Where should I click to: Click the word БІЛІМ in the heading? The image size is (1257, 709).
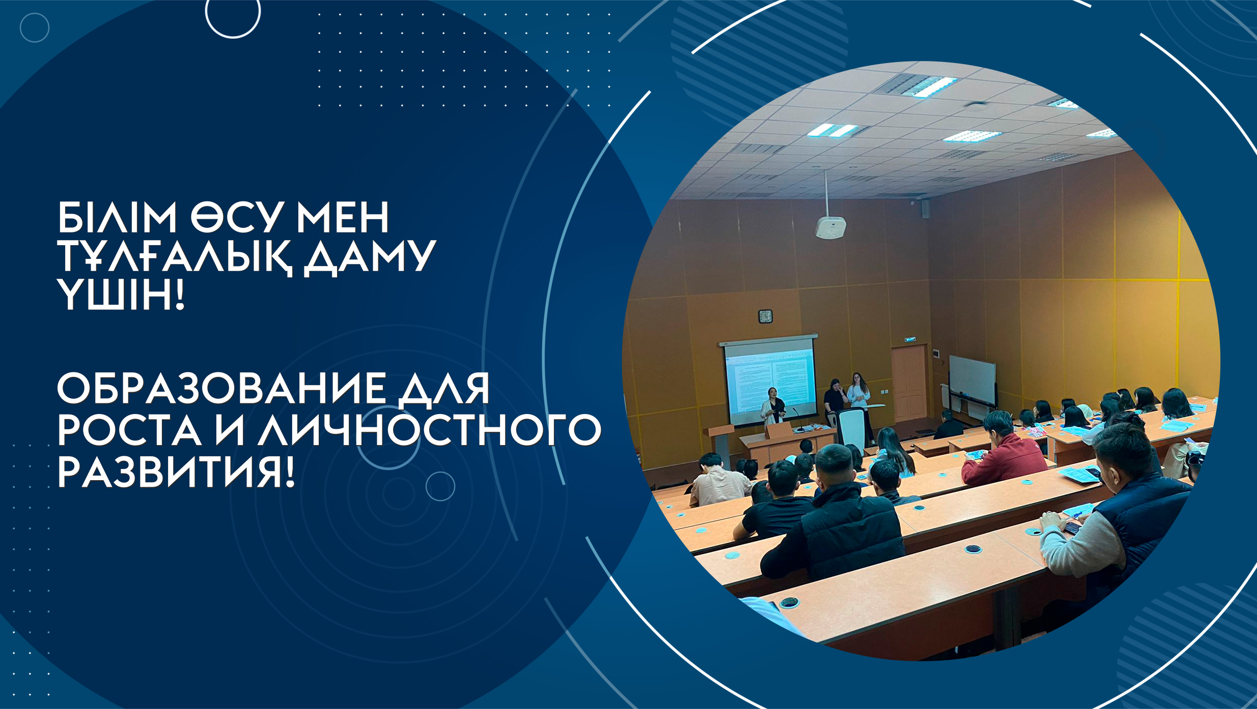(117, 217)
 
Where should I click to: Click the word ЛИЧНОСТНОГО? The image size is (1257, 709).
(429, 430)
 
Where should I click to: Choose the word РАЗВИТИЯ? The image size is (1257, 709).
(176, 471)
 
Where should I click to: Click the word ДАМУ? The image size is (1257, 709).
(370, 258)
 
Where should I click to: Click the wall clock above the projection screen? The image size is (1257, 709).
(765, 316)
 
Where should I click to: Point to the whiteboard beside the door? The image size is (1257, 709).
(972, 380)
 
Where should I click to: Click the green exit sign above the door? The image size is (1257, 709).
(910, 339)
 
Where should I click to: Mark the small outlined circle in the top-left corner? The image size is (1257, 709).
(35, 27)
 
